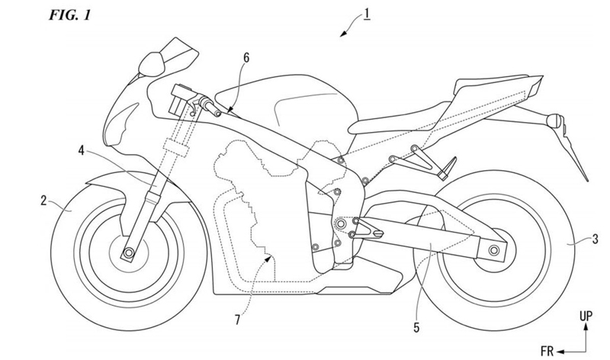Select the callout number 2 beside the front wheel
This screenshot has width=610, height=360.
[45, 201]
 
